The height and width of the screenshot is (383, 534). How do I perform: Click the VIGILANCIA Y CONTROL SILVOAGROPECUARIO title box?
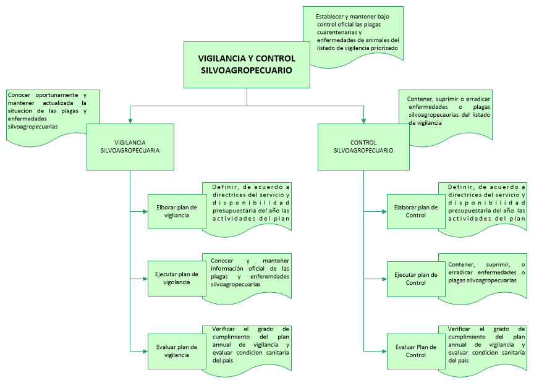point(247,65)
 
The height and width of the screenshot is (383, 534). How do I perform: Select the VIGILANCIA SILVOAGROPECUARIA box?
point(130,146)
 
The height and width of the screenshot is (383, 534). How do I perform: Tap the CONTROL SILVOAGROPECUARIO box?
point(363,146)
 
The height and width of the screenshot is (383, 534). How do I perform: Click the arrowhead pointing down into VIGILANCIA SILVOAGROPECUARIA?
point(130,120)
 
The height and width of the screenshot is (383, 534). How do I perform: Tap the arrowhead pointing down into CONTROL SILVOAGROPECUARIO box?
point(363,120)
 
